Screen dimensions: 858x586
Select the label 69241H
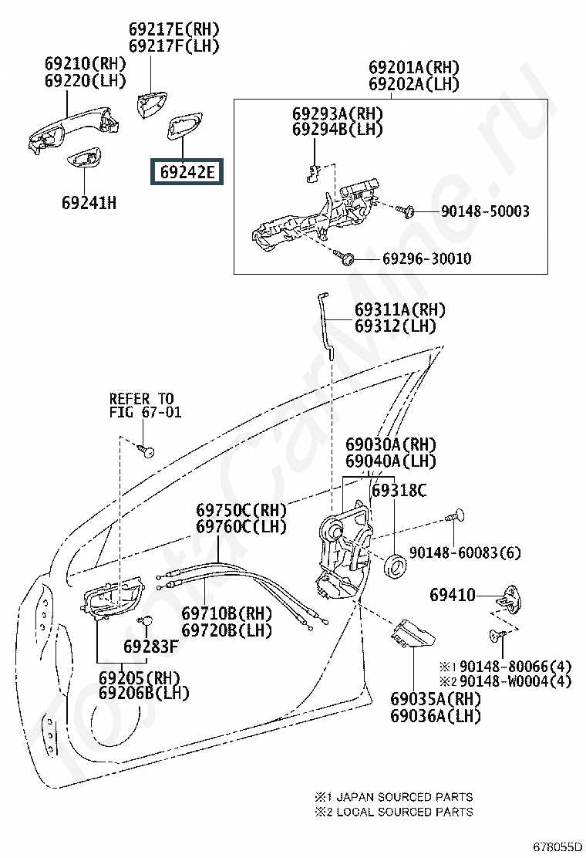click(89, 204)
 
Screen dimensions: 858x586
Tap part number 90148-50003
click(485, 211)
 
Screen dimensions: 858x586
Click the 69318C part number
click(399, 490)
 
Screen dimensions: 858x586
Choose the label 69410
click(453, 595)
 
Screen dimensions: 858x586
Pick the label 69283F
click(151, 646)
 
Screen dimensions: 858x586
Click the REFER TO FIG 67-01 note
click(145, 405)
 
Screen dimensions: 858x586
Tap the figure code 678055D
click(557, 846)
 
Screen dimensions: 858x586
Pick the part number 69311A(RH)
click(399, 310)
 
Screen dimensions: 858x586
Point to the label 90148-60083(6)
click(465, 552)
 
